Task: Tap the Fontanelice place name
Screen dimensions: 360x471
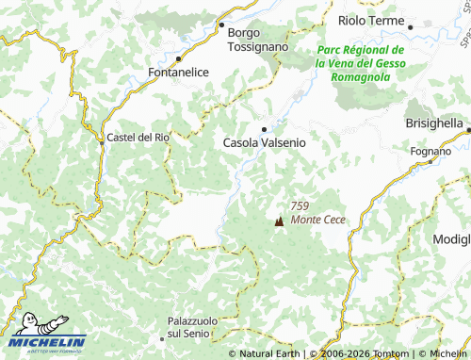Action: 178,72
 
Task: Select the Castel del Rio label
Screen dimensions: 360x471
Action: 138,137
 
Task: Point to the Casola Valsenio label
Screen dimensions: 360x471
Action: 265,143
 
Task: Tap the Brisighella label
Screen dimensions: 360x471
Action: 434,123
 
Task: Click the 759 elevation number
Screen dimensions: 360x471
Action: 300,206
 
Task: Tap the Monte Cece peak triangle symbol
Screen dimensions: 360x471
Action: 278,222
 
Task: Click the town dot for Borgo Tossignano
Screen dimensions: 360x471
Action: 222,25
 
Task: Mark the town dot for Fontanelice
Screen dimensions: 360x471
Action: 178,57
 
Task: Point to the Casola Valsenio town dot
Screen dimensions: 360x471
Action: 264,129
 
